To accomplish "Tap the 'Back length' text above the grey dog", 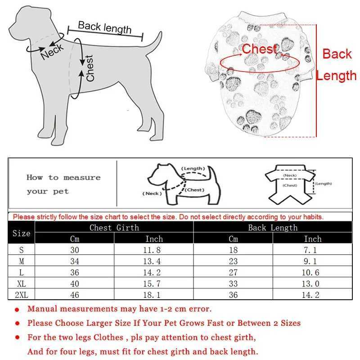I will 105,27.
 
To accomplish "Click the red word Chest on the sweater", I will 259,49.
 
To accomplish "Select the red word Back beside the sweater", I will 337,54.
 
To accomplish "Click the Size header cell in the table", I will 21,233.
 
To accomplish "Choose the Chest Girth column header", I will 114,228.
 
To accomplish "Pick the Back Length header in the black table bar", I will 273,228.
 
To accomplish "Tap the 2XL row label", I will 21,295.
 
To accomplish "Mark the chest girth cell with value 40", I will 75,284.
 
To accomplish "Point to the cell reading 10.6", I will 312,273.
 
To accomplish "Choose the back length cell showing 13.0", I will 312,284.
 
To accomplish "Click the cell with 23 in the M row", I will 233,261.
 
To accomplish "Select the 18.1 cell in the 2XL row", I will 154,295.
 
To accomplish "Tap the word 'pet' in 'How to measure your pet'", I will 61,192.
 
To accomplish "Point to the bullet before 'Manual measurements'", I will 17,310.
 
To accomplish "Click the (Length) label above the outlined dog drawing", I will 193,169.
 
